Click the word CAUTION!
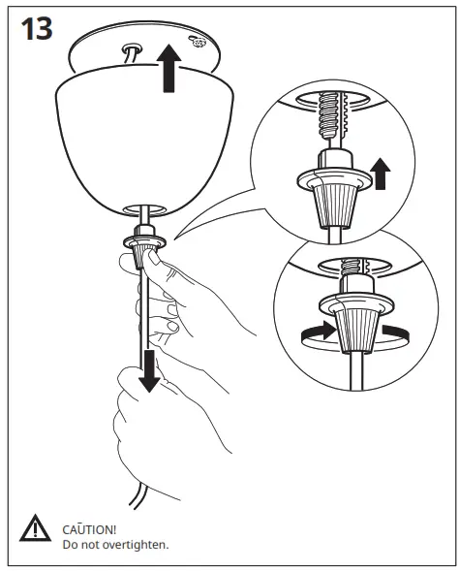[x=88, y=528]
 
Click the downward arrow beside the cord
[x=148, y=370]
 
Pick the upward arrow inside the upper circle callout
[x=380, y=174]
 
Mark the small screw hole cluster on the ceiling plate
[x=197, y=43]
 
